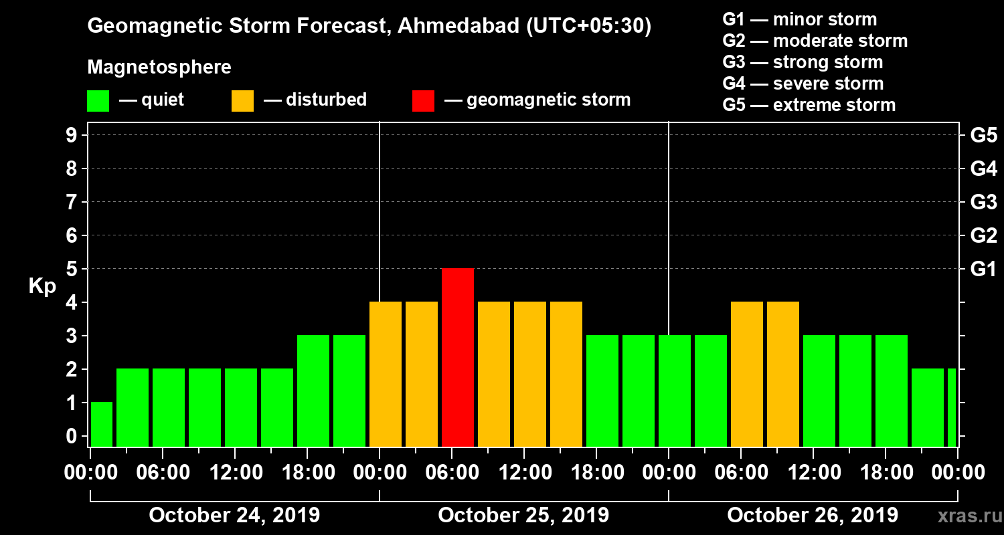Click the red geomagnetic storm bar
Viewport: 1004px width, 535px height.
[x=458, y=357]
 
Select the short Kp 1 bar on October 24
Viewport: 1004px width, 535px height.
[x=102, y=424]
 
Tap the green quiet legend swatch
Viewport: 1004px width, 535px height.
[x=98, y=101]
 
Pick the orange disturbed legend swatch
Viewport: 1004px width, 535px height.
[x=242, y=101]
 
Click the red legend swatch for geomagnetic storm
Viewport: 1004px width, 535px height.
[x=423, y=101]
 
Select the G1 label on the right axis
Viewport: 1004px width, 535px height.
[x=983, y=269]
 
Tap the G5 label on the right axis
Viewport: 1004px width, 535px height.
[x=983, y=135]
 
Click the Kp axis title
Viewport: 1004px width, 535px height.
[x=42, y=286]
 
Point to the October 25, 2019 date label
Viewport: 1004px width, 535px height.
[x=523, y=515]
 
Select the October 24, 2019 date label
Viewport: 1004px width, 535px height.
[x=234, y=515]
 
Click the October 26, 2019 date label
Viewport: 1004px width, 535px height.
[x=813, y=515]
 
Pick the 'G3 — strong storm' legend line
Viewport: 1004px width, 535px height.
[x=803, y=62]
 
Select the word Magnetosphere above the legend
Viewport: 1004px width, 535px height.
[x=159, y=68]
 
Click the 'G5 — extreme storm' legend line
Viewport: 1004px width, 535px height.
[x=809, y=105]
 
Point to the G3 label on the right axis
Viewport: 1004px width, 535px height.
[x=983, y=202]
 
